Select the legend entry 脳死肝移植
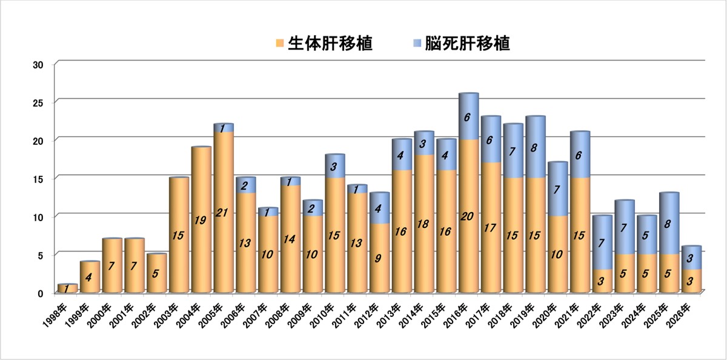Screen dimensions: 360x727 point(467,44)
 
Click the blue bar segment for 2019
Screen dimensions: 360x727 point(534,147)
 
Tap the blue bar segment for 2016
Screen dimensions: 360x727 point(468,117)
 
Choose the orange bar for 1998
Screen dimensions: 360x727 point(67,288)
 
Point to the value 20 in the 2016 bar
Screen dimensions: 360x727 point(468,216)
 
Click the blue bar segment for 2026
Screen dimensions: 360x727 point(691,258)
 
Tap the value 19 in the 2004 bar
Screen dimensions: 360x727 point(201,220)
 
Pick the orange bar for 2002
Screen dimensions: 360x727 point(156,273)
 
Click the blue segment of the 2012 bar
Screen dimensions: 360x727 point(379,208)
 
